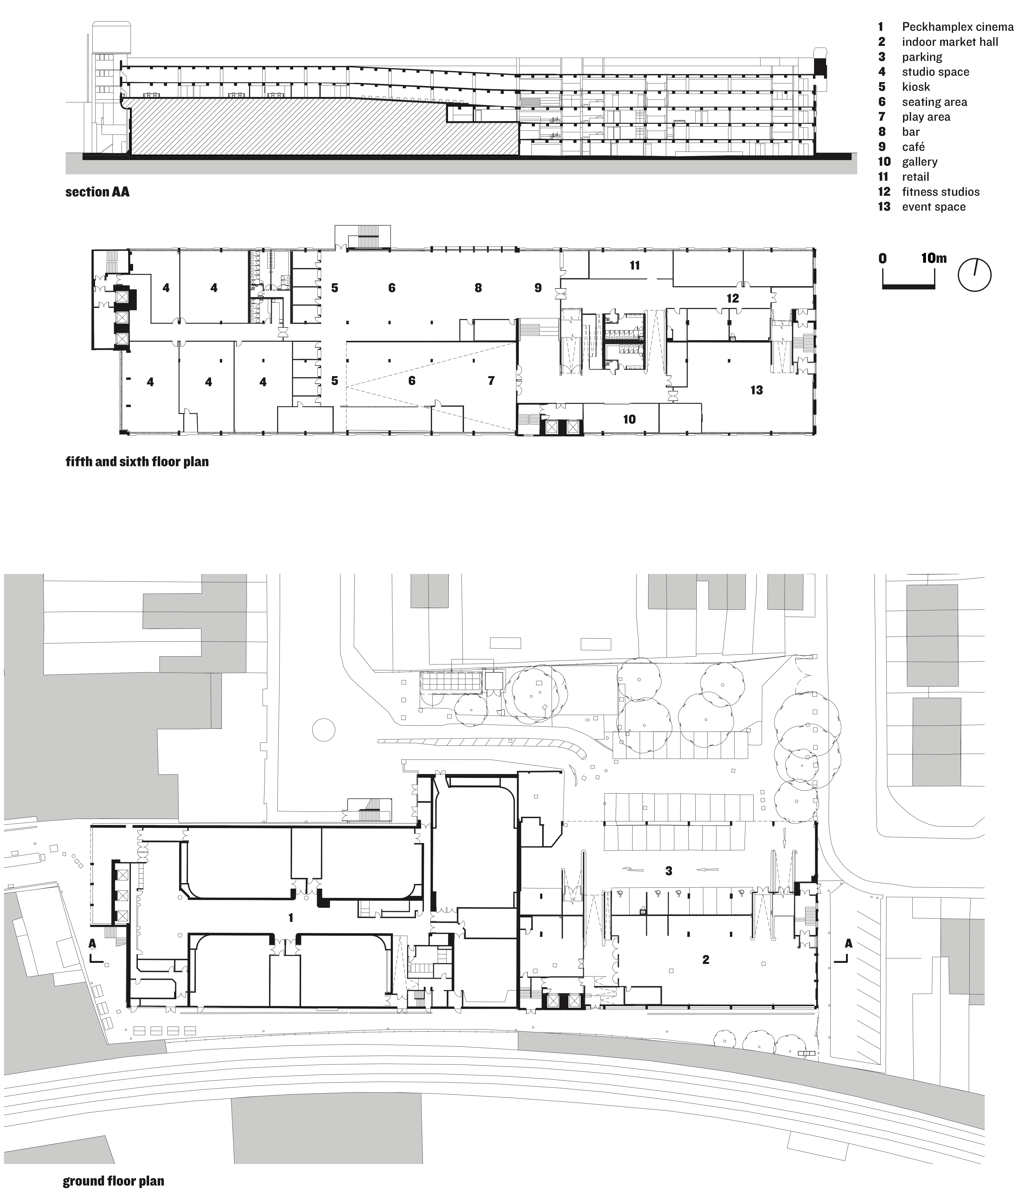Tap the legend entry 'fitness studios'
point(940,192)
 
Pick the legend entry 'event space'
point(933,207)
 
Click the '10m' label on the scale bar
point(933,258)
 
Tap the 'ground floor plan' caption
point(113,1181)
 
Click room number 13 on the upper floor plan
point(756,390)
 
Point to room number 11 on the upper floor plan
point(635,265)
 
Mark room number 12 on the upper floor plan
point(732,298)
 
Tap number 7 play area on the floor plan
point(491,381)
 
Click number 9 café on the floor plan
point(538,288)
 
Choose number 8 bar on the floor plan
point(478,288)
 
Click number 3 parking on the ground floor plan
point(669,870)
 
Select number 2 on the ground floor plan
point(705,959)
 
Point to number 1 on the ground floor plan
point(291,918)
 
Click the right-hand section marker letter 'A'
point(848,944)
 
